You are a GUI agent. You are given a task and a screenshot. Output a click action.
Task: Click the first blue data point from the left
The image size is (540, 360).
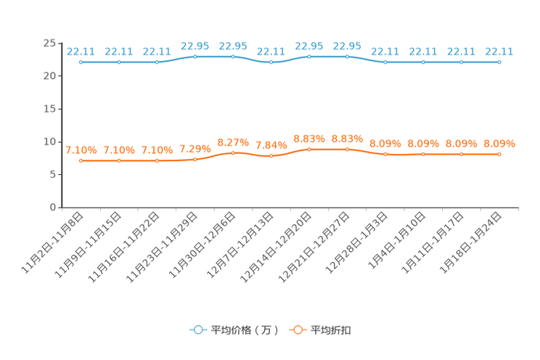[81, 62]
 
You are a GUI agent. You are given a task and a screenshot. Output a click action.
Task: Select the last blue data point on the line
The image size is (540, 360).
[499, 62]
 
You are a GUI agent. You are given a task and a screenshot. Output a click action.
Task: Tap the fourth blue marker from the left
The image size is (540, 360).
[195, 56]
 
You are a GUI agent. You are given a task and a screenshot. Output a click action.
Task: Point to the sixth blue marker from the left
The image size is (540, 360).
[271, 62]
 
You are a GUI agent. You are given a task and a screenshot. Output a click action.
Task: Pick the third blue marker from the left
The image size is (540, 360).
[157, 62]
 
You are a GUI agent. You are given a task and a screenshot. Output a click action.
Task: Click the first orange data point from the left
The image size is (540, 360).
[81, 160]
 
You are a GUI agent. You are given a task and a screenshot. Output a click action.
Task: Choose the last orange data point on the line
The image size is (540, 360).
[499, 154]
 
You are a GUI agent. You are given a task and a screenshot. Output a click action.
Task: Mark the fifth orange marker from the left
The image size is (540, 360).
[233, 153]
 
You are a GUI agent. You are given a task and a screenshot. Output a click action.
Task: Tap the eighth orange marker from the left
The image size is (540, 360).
[348, 149]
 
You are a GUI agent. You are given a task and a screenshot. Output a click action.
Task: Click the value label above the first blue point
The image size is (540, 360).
[81, 52]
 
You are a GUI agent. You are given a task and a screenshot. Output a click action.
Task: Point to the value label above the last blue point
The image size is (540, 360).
[499, 52]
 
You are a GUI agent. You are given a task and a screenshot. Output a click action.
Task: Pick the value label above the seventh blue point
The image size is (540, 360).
[309, 46]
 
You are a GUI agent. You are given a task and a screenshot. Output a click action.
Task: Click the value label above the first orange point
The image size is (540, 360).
[81, 151]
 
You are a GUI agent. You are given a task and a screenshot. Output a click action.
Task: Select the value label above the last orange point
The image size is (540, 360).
[499, 144]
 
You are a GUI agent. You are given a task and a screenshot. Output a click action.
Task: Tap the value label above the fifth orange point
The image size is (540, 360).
[233, 142]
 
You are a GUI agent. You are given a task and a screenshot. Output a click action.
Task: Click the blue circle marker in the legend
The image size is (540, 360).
[197, 330]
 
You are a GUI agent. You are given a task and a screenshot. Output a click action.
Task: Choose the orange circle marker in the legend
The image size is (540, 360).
[297, 330]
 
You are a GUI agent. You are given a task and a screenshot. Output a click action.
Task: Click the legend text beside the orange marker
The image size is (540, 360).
[331, 330]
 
